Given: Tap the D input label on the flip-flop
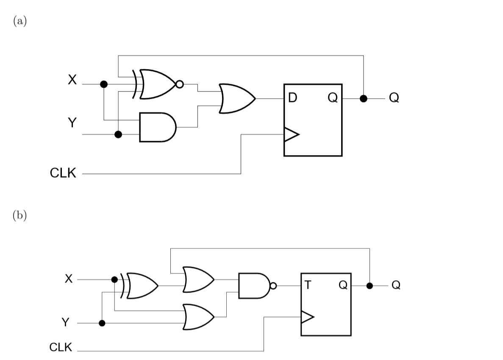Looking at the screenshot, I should click(x=292, y=98).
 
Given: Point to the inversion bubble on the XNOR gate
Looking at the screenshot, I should click(x=179, y=84).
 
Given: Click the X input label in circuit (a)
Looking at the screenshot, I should click(x=72, y=80).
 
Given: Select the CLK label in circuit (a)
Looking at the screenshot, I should click(x=63, y=173).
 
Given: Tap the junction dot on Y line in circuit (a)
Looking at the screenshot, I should click(x=119, y=134).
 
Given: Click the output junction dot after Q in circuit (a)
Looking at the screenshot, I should click(x=363, y=98).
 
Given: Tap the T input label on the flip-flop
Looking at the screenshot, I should click(x=308, y=285).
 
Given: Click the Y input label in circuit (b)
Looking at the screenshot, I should click(x=65, y=323).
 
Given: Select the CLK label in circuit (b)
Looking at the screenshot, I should click(x=61, y=348).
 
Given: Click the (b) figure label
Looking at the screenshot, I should click(x=20, y=215).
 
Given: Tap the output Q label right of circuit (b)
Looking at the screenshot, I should click(x=395, y=285).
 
